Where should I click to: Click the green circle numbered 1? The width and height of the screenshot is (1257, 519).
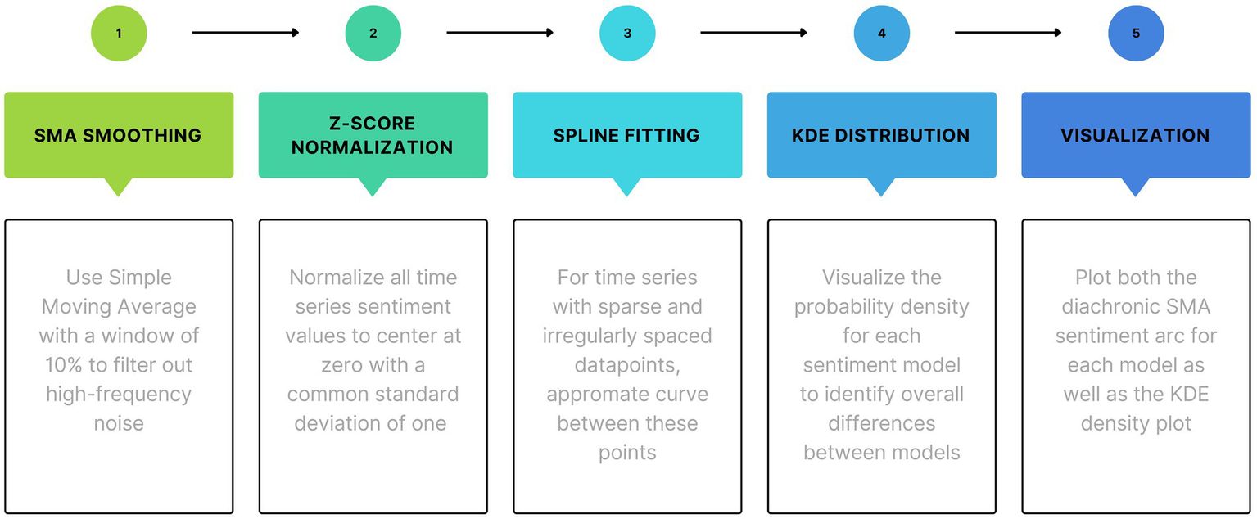(x=119, y=34)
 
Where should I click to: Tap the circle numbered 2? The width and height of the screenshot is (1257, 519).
(x=373, y=34)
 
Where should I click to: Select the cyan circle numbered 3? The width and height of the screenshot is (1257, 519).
(x=627, y=34)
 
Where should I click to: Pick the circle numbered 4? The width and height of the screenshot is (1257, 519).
(x=881, y=34)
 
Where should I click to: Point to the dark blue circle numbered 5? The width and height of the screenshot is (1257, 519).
(x=1136, y=34)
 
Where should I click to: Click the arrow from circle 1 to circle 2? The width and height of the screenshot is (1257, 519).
(x=246, y=33)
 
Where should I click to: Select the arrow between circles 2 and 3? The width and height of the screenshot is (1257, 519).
(x=500, y=33)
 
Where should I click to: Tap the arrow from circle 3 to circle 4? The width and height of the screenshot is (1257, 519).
(x=754, y=33)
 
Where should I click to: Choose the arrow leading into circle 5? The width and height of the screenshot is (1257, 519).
(x=1008, y=33)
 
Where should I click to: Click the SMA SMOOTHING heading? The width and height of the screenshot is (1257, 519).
(x=119, y=135)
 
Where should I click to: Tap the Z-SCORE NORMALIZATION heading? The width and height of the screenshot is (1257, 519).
(x=373, y=135)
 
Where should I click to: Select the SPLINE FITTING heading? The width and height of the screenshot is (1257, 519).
(x=627, y=135)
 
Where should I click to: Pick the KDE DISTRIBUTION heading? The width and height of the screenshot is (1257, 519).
(x=881, y=135)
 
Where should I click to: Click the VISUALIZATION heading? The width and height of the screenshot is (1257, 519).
(x=1136, y=135)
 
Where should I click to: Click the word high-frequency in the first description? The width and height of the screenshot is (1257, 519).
(x=119, y=394)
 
